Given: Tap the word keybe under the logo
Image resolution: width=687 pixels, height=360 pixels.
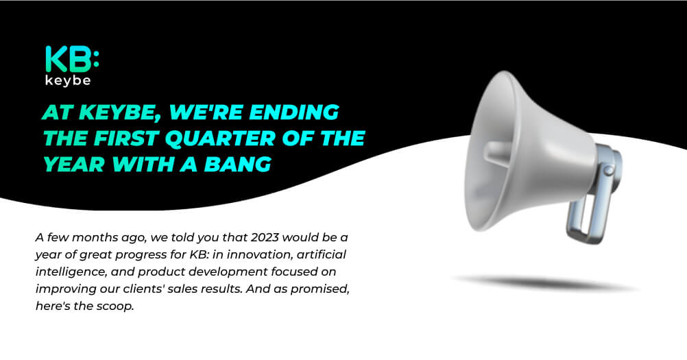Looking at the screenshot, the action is click(x=68, y=81).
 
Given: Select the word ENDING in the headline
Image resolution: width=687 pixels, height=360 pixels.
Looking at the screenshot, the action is click(x=294, y=112).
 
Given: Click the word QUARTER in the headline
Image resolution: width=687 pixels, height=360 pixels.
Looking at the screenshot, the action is click(x=220, y=139).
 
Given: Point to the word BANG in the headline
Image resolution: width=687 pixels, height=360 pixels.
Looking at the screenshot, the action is click(x=237, y=165).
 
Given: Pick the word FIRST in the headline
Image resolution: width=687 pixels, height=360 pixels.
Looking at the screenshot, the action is click(x=125, y=139).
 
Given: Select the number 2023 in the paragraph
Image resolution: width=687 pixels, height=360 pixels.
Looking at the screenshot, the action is click(x=265, y=237).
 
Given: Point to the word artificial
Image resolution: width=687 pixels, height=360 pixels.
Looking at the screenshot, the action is click(x=322, y=254).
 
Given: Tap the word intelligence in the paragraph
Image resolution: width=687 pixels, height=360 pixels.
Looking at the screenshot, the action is click(x=71, y=272).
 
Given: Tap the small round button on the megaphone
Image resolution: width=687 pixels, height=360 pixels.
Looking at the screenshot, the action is click(x=608, y=170).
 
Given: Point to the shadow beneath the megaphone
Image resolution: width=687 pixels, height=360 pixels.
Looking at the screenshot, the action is click(x=546, y=283).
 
